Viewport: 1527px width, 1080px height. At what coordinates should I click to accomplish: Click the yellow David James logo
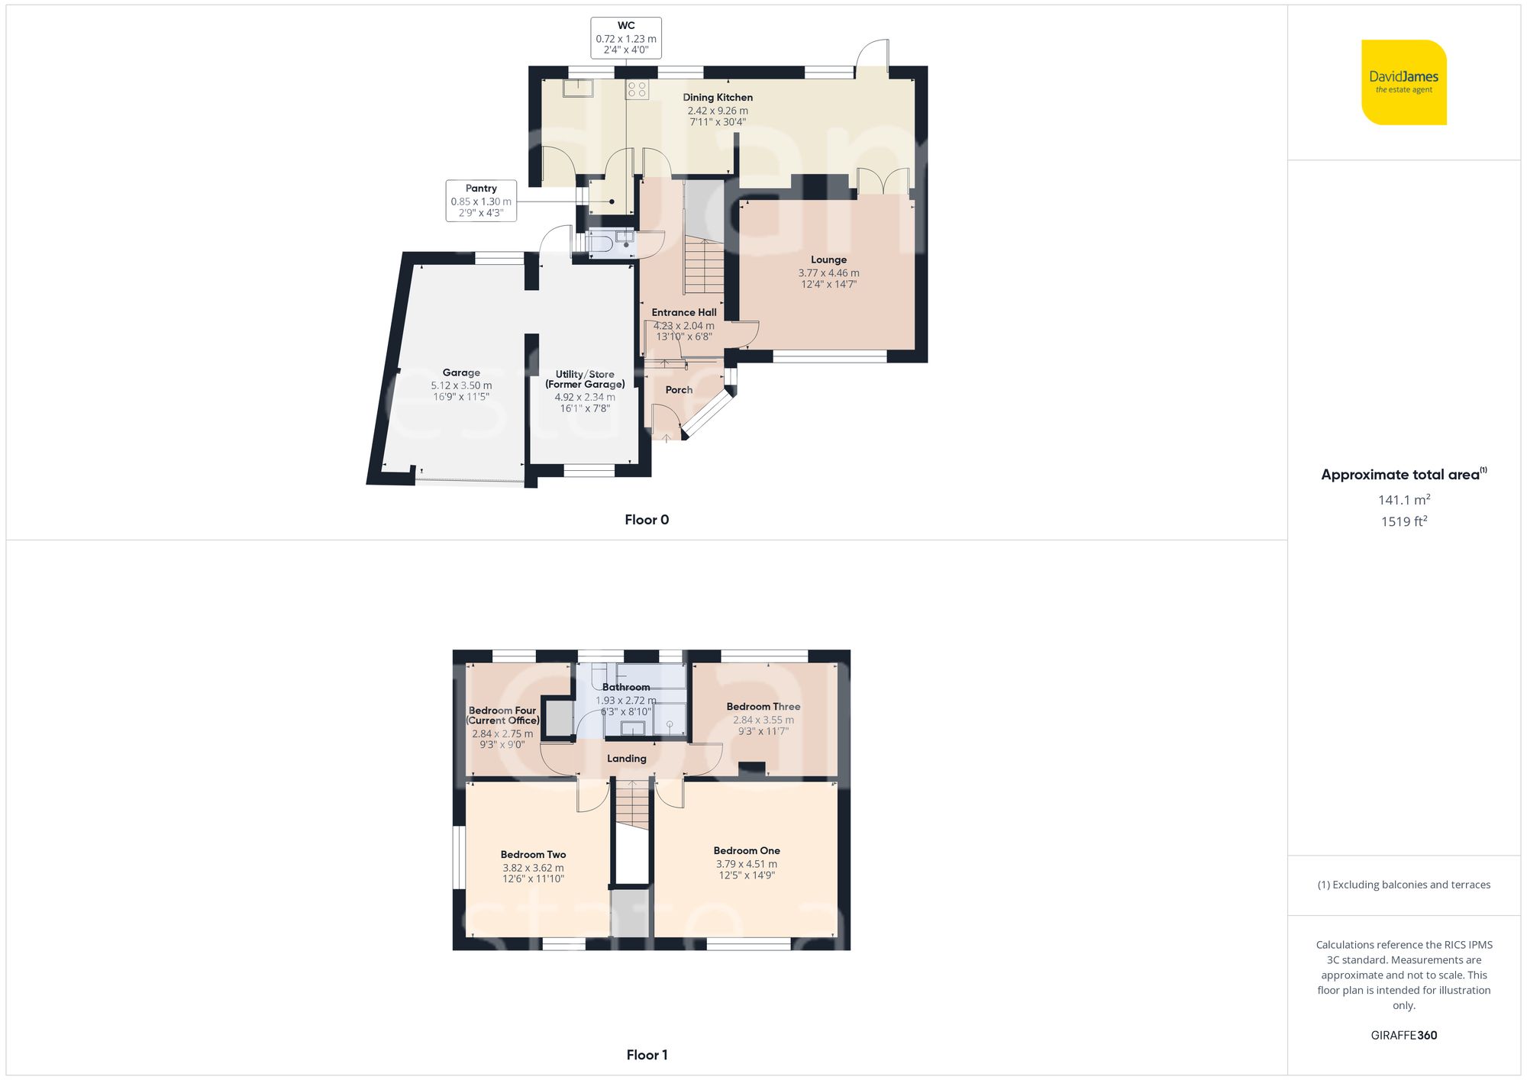(x=1403, y=82)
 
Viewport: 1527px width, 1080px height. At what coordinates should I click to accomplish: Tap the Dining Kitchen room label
(x=718, y=98)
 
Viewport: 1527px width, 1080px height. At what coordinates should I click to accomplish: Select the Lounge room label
(x=828, y=260)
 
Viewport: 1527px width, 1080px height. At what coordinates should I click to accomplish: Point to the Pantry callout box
(x=481, y=201)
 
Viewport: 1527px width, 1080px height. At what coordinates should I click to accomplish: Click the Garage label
(x=461, y=373)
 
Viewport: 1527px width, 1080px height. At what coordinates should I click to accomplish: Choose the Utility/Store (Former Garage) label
(x=585, y=379)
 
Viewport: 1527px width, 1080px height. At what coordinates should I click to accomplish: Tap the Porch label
(x=679, y=390)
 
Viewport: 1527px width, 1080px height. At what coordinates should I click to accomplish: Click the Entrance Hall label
(x=684, y=312)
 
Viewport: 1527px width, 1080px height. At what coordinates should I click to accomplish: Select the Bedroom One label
(x=747, y=851)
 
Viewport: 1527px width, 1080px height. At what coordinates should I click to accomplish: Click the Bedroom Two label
(x=533, y=855)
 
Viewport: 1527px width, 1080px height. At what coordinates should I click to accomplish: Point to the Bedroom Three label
(x=763, y=707)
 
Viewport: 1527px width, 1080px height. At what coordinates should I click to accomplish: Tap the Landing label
(x=627, y=759)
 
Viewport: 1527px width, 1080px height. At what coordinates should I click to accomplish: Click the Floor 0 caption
(x=647, y=520)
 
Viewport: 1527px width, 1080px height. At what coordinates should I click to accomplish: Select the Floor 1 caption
(x=647, y=1055)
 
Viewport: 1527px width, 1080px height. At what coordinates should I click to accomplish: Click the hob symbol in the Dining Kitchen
(x=637, y=89)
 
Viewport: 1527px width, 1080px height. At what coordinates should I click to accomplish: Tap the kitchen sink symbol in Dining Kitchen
(x=578, y=89)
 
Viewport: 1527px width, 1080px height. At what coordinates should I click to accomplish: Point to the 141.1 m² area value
(x=1404, y=500)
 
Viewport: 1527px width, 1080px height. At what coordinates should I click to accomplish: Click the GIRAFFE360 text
(x=1404, y=1036)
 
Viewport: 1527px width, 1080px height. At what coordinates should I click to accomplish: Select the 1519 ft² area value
(x=1404, y=522)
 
